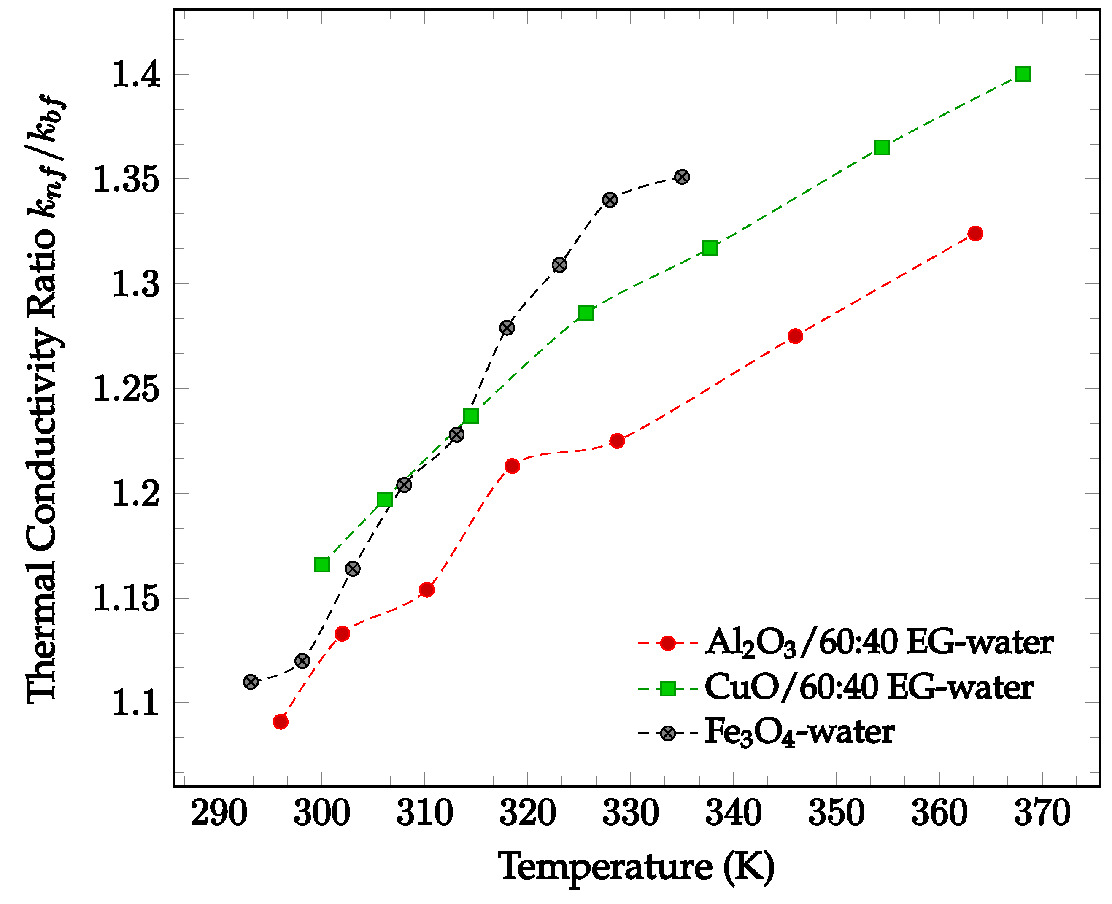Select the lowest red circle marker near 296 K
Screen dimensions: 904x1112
(x=280, y=721)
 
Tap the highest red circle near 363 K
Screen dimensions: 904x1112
(x=975, y=233)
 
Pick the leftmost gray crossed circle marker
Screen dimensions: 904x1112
(x=251, y=682)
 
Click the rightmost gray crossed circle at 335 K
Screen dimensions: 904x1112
(x=682, y=177)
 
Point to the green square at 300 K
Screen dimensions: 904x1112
(x=321, y=564)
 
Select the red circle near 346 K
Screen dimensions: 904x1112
(x=795, y=336)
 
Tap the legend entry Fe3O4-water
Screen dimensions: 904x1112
(x=799, y=733)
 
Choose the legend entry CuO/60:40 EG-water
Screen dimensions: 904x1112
(x=868, y=688)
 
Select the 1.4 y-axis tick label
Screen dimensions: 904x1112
(x=135, y=75)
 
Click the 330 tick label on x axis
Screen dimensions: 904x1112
(x=630, y=813)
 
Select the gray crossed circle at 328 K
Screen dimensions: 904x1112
(x=610, y=200)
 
